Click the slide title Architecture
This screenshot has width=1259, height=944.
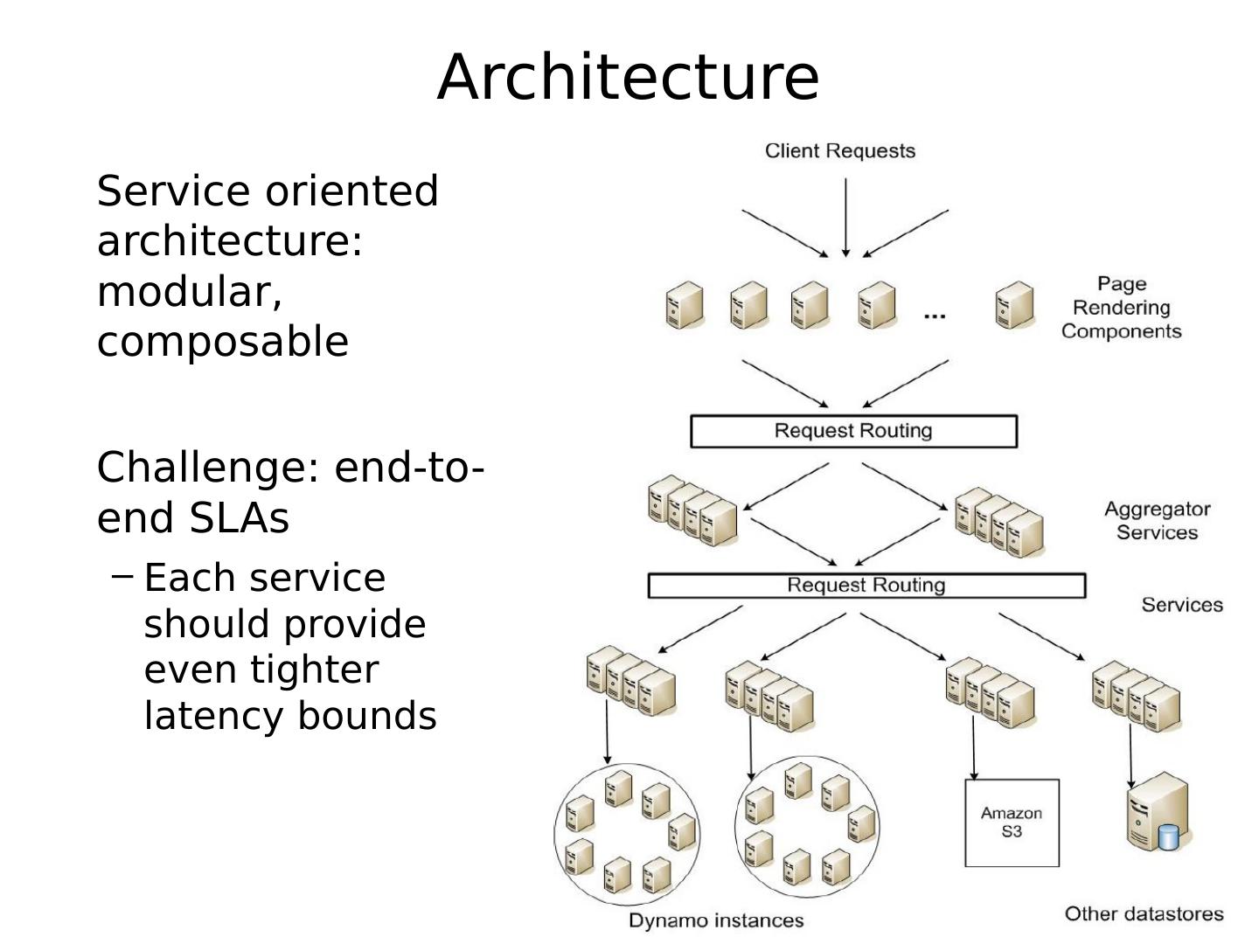(628, 77)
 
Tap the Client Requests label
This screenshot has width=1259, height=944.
(839, 151)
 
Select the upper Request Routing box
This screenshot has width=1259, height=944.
(853, 431)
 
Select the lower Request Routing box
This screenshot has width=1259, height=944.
(866, 586)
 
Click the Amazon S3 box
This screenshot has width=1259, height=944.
(1012, 823)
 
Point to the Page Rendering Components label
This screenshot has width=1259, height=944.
(1121, 308)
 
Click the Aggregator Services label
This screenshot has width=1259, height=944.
(1157, 521)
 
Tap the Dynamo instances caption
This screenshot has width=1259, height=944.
(715, 920)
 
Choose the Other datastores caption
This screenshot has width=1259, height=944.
(1144, 914)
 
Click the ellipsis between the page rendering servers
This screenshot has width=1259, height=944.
(935, 316)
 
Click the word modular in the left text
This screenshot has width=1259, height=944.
(189, 292)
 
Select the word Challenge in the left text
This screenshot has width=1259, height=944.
(201, 468)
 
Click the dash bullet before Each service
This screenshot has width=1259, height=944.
(123, 576)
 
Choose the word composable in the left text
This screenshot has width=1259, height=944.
(222, 342)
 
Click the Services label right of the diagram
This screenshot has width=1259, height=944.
(1181, 605)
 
